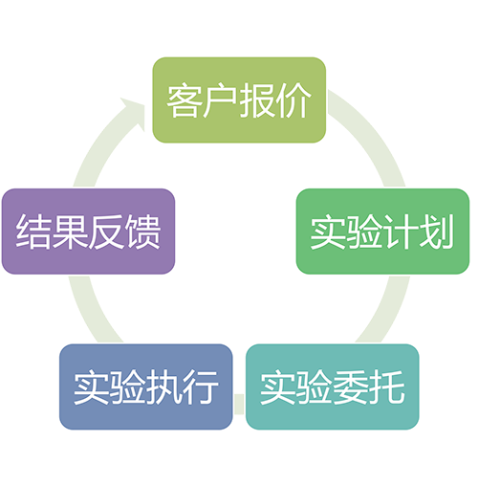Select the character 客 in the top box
click(x=185, y=100)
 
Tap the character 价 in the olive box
click(x=293, y=100)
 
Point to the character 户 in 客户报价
click(x=220, y=100)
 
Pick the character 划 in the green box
click(x=436, y=232)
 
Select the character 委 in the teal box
click(x=351, y=387)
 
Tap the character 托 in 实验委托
click(x=387, y=387)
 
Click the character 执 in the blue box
click(x=164, y=387)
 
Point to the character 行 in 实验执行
click(x=201, y=387)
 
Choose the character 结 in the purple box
click(x=33, y=232)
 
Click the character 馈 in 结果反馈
click(x=142, y=232)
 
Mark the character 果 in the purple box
click(x=70, y=232)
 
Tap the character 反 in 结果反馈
click(x=106, y=232)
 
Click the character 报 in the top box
click(x=257, y=100)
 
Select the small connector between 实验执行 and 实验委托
click(x=239, y=404)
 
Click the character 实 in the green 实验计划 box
click(x=328, y=232)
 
